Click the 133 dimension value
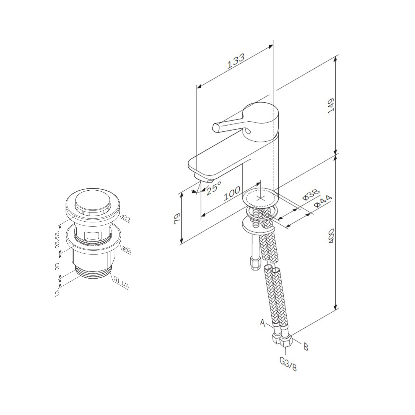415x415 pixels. click(236, 61)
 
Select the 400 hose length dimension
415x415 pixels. click(332, 236)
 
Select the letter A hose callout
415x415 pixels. click(263, 322)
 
